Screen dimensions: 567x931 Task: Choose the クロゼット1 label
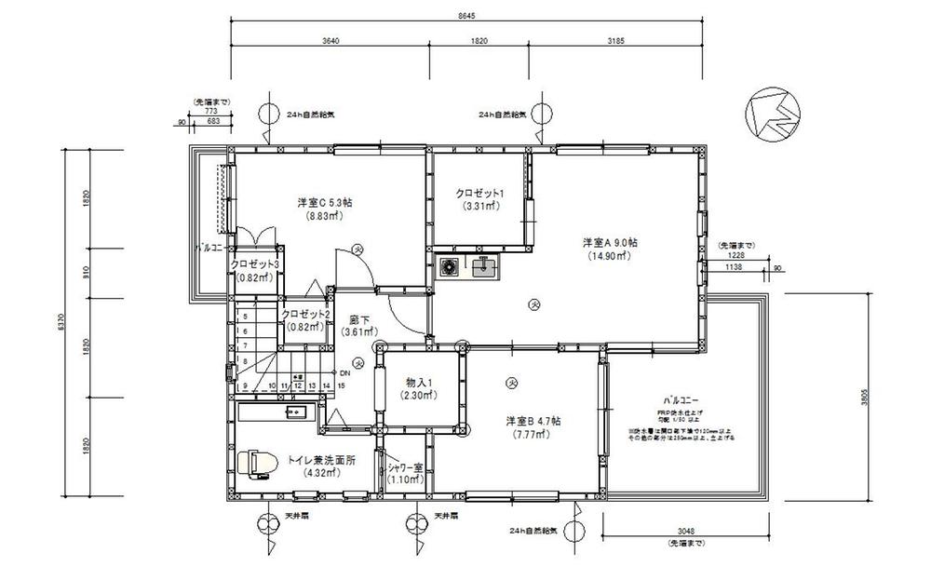(x=479, y=193)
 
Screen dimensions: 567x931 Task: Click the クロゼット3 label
(x=255, y=263)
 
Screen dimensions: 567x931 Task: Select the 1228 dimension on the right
(x=735, y=255)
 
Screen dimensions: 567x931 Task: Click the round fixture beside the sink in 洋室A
(x=451, y=268)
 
